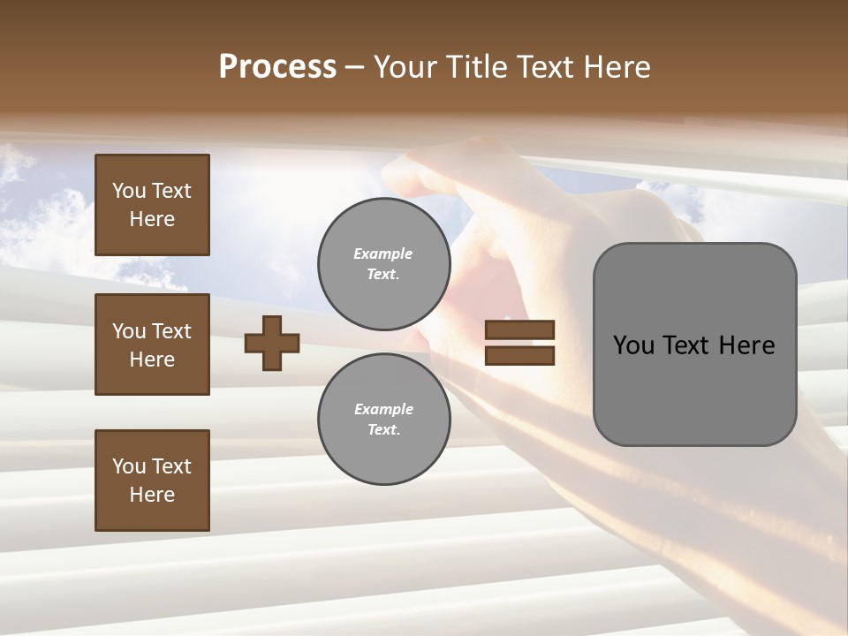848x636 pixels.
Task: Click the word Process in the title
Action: pyautogui.click(x=277, y=67)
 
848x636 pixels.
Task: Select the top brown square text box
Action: pyautogui.click(x=152, y=205)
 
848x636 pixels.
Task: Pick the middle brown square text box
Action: pyautogui.click(x=152, y=344)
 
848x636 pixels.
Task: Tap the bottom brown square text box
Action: pyautogui.click(x=152, y=481)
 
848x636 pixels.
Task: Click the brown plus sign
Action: pyautogui.click(x=272, y=343)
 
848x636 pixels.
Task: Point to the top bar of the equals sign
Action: pyautogui.click(x=520, y=330)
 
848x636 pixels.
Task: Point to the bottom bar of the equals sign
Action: pyautogui.click(x=520, y=355)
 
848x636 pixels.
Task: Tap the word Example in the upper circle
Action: pyautogui.click(x=383, y=254)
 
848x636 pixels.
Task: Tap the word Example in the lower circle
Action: pyautogui.click(x=383, y=409)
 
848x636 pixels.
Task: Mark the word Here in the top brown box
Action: pyautogui.click(x=152, y=219)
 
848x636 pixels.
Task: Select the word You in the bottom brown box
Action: pyautogui.click(x=129, y=466)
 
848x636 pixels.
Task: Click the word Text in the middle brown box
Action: pyautogui.click(x=170, y=331)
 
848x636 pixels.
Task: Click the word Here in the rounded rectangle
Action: pyautogui.click(x=746, y=345)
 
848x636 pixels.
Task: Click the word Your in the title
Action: pyautogui.click(x=405, y=67)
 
